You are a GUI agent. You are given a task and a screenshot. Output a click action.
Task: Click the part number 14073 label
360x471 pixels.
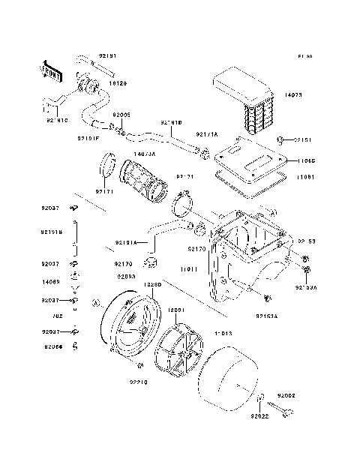295,95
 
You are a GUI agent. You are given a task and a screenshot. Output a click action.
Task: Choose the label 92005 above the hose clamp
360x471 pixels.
121,115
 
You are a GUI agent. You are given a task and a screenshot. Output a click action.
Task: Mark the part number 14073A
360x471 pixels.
145,154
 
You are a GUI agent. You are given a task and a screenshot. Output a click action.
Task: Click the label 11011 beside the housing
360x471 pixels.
188,268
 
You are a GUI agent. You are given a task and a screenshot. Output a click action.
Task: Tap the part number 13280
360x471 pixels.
154,286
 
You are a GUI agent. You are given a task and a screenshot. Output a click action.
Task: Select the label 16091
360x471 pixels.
177,309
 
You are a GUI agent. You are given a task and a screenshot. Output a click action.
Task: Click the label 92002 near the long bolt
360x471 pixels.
287,394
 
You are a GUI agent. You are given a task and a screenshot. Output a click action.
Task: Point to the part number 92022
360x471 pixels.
259,415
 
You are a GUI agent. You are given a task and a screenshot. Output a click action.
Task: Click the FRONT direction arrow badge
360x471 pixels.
55,70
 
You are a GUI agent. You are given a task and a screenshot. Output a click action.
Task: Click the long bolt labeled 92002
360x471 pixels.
284,409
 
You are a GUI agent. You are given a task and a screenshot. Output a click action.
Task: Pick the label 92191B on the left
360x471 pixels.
52,232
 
